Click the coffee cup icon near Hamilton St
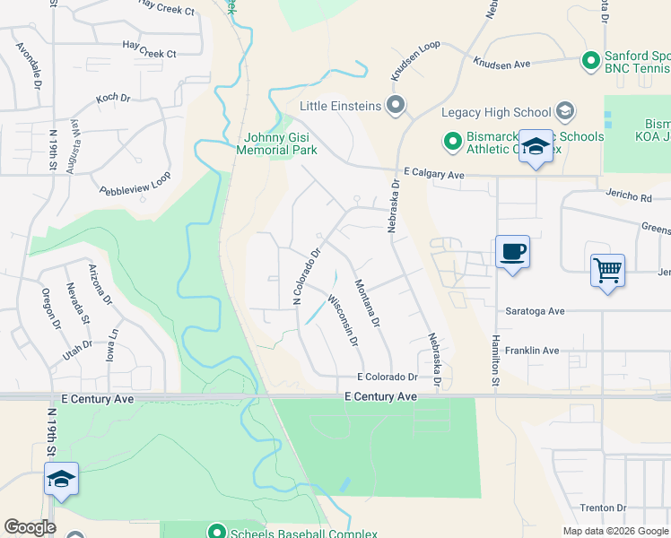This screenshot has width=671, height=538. [512, 251]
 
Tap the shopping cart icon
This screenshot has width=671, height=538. [607, 269]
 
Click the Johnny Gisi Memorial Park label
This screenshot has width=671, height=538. [276, 143]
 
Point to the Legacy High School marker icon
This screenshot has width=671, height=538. [565, 112]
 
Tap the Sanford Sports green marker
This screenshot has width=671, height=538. [590, 61]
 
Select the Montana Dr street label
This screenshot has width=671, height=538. [368, 303]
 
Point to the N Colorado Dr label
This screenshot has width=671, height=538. [305, 277]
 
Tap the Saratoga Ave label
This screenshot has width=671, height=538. [535, 311]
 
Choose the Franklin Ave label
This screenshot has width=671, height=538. [532, 351]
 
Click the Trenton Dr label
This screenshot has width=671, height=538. [596, 508]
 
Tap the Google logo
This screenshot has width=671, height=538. [30, 527]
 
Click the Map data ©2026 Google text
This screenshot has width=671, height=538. [614, 531]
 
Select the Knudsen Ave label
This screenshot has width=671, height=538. [503, 64]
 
